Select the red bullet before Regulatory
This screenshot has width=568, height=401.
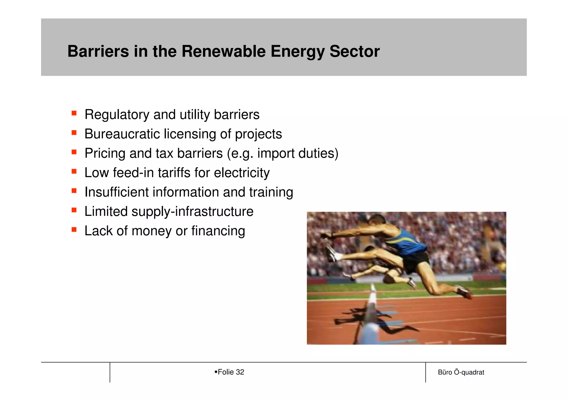(x=74, y=113)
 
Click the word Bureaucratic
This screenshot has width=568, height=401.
(x=122, y=134)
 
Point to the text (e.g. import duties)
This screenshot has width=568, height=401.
(x=282, y=153)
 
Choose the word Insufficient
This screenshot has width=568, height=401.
(x=116, y=192)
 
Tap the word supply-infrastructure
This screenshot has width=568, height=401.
(x=192, y=211)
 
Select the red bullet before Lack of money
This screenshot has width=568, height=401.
(x=74, y=229)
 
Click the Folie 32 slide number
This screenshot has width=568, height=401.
(x=230, y=372)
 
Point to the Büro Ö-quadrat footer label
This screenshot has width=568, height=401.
(x=461, y=372)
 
